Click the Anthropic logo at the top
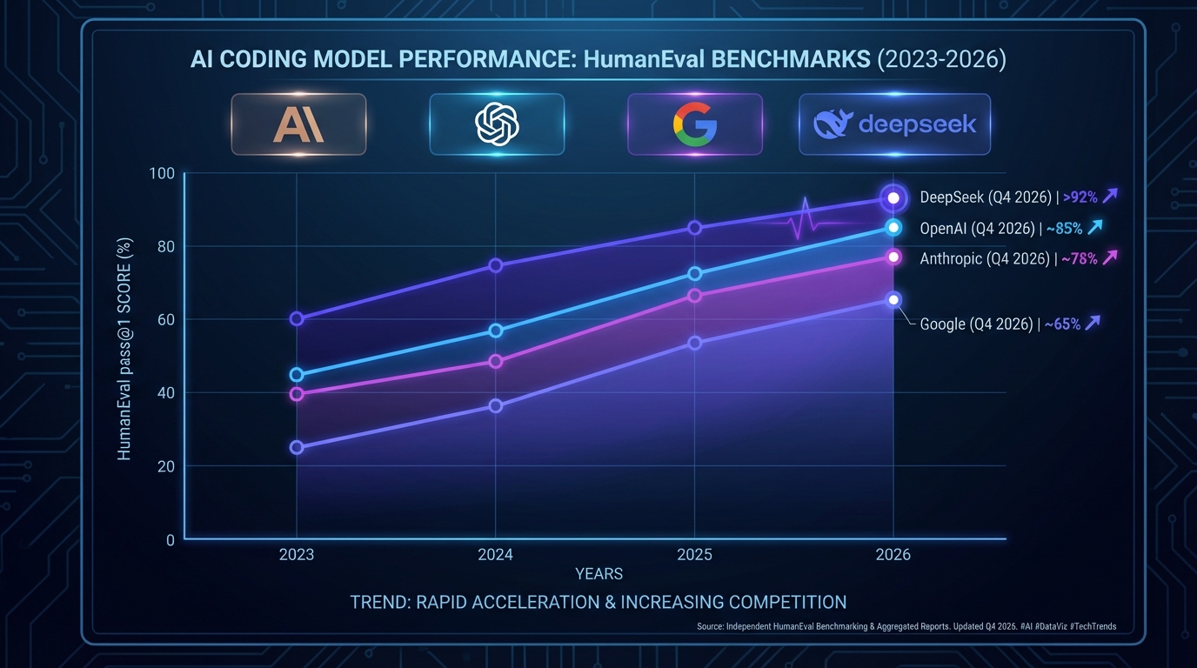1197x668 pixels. pyautogui.click(x=298, y=124)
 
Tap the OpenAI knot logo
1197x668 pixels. pyautogui.click(x=497, y=124)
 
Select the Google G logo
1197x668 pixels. pyautogui.click(x=694, y=124)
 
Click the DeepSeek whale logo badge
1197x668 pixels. pyautogui.click(x=894, y=124)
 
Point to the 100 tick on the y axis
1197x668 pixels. pyautogui.click(x=163, y=173)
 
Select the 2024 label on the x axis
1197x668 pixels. pyautogui.click(x=495, y=554)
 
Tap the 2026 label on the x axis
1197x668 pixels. pyautogui.click(x=893, y=554)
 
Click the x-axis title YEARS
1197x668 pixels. pyautogui.click(x=598, y=574)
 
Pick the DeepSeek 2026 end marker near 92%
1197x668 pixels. pyautogui.click(x=893, y=198)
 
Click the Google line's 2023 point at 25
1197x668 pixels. pyautogui.click(x=297, y=447)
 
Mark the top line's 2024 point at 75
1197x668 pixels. pyautogui.click(x=495, y=265)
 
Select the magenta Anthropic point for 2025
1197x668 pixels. pyautogui.click(x=694, y=296)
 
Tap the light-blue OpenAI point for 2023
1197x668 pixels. pyautogui.click(x=297, y=375)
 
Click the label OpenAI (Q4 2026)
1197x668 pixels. pyautogui.click(x=977, y=229)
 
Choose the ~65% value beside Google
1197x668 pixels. pyautogui.click(x=1061, y=324)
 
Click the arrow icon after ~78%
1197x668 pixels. pyautogui.click(x=1109, y=257)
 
